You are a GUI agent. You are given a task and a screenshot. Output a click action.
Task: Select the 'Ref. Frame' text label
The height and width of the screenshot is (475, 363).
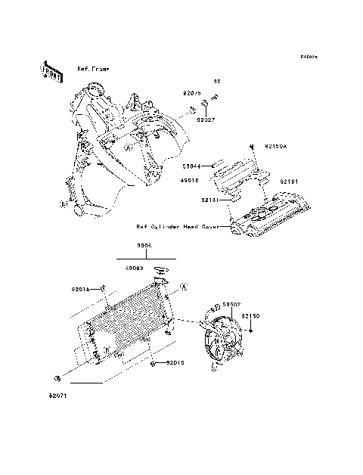[93, 69]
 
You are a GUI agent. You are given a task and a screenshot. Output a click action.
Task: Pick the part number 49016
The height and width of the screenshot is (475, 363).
[191, 181]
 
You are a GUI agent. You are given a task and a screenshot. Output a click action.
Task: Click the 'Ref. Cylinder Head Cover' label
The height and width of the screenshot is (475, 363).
[180, 225]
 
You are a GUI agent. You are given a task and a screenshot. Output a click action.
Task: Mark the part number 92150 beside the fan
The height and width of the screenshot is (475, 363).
[271, 315]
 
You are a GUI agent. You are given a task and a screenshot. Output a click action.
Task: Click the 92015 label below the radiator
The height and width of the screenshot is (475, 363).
[175, 363]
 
